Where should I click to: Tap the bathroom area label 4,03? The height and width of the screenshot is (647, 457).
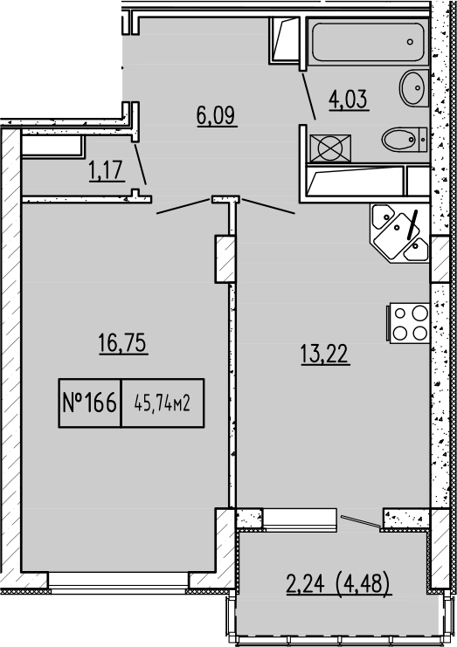347,99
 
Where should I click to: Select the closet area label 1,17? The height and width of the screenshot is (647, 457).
105,171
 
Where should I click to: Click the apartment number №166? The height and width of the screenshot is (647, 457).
89,403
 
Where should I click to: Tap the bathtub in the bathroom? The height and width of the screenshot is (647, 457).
367,41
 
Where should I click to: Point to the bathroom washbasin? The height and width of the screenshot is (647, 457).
412,86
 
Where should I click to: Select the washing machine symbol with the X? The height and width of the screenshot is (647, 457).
329,146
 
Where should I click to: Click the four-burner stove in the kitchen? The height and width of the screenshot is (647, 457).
408,322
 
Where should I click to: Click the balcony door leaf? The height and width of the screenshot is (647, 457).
359,522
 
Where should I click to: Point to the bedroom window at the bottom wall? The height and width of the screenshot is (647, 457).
121,580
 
